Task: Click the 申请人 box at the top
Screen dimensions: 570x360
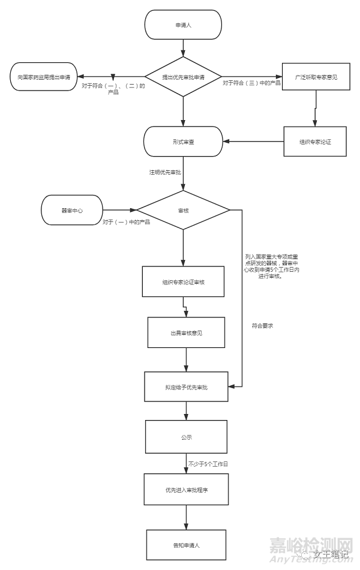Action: (x=183, y=25)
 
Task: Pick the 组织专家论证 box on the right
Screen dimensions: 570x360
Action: (x=315, y=142)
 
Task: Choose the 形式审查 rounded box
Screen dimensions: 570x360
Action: (x=183, y=142)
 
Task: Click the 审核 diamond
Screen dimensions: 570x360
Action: (x=183, y=211)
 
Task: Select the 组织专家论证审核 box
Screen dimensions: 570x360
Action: (x=184, y=281)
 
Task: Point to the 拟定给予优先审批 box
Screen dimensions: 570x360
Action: (x=186, y=387)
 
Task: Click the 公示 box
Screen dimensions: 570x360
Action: (x=186, y=437)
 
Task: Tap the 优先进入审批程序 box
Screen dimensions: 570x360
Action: (x=186, y=490)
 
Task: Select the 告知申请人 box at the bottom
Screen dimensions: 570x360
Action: (x=186, y=545)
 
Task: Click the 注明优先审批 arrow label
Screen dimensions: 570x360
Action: (x=165, y=172)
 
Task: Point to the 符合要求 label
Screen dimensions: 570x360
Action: (x=263, y=326)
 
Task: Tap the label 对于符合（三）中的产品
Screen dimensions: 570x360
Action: (x=251, y=82)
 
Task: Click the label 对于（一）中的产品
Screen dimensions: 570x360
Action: (x=126, y=222)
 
